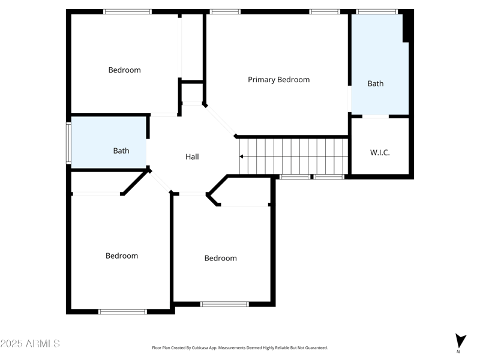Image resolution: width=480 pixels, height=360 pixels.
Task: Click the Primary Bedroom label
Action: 278,80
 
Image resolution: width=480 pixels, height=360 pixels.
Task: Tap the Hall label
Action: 192,157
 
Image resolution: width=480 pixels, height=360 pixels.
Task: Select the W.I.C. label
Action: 379,153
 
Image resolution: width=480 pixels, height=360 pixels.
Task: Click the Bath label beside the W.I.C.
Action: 376,83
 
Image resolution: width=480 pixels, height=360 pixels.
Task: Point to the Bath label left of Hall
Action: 121,151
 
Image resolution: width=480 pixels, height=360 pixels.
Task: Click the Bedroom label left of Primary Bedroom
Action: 124,70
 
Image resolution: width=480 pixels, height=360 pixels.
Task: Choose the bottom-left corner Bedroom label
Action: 122,256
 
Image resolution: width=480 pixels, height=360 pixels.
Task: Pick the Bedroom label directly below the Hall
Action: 220,258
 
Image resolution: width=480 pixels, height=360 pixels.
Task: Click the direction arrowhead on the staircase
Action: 241,157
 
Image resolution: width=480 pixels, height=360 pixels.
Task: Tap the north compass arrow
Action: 460,340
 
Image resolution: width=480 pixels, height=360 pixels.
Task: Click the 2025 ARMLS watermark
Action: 30,344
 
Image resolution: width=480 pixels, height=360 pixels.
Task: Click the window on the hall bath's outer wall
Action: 68,143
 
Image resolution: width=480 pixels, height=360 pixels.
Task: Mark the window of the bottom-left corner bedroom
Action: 122,311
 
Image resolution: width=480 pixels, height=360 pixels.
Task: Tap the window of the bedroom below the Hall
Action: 224,304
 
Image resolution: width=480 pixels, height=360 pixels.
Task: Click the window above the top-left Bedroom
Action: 127,11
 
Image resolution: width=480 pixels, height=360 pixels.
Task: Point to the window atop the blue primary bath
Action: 377,11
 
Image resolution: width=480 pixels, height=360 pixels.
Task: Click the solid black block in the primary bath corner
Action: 407,27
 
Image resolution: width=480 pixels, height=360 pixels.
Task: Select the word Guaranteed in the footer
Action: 316,348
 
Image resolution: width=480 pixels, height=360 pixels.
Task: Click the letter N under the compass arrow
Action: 458,352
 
